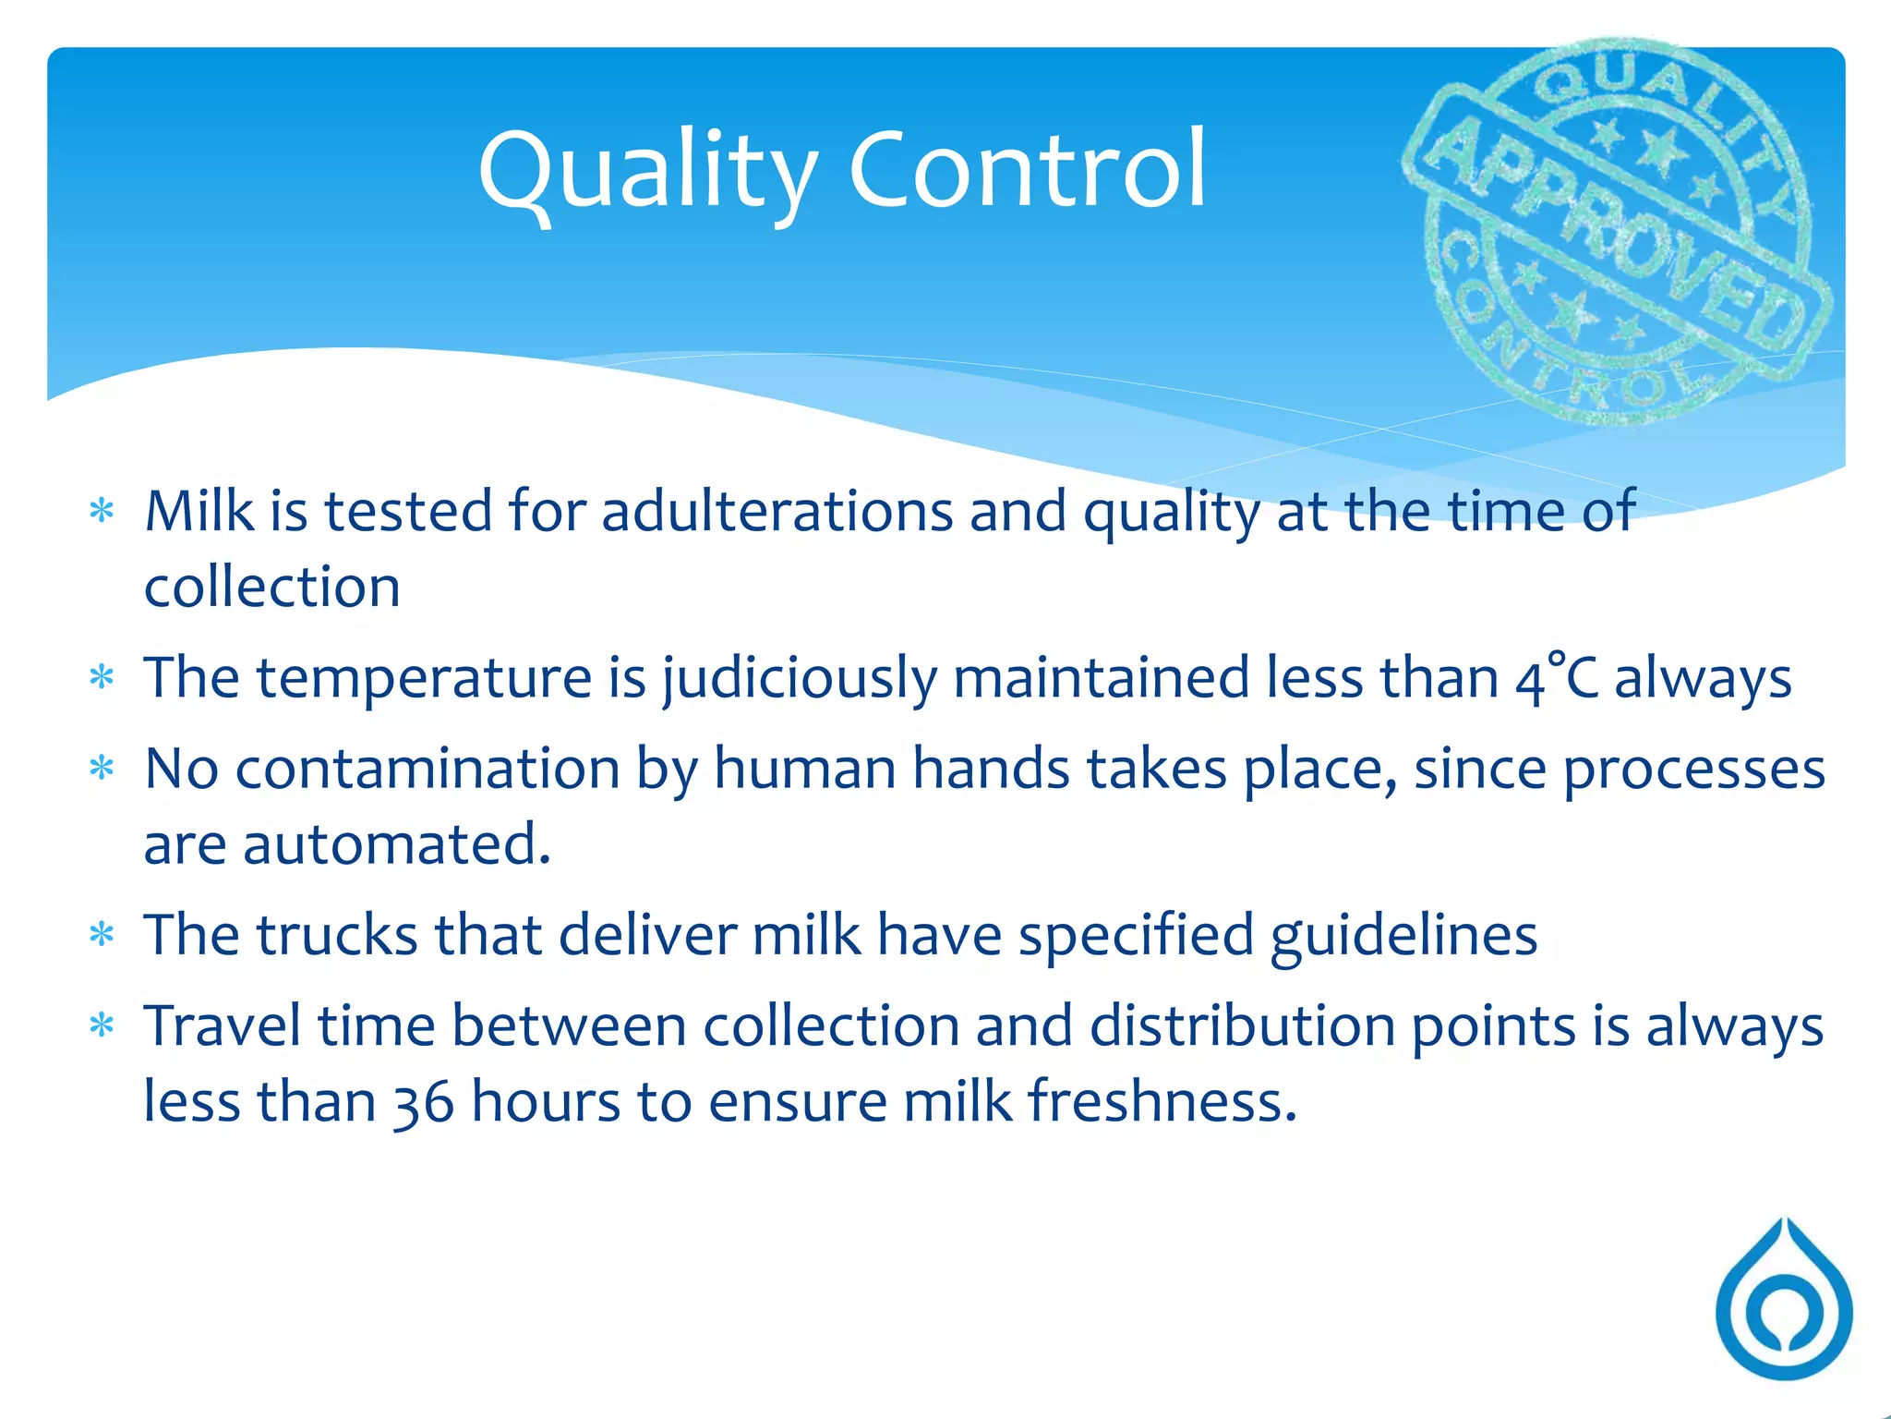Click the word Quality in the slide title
(646, 171)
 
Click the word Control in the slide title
(1027, 171)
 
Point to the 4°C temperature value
(1556, 677)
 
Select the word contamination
(427, 769)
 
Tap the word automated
(396, 844)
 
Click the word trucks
(337, 934)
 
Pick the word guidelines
(1403, 936)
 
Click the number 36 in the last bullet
(423, 1103)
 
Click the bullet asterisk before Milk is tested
(102, 511)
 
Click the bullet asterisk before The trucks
(102, 935)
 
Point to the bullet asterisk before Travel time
(102, 1025)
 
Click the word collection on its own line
(272, 588)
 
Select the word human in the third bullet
(804, 769)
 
